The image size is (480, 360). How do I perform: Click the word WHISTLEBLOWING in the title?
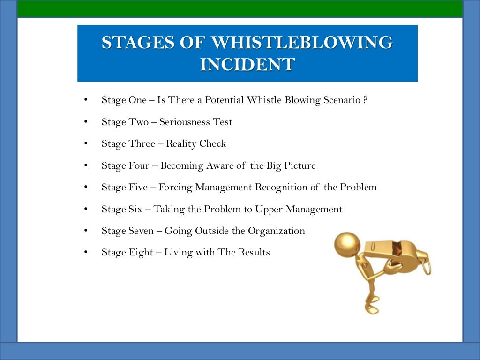pos(301,43)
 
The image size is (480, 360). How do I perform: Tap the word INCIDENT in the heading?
pos(247,64)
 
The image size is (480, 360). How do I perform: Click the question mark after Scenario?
pos(365,100)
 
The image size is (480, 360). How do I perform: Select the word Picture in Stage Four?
pos(299,166)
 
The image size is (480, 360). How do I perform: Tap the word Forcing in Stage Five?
pos(175,187)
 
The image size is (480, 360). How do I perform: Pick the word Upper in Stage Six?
pos(269,210)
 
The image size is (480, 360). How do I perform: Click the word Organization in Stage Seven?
pos(277,231)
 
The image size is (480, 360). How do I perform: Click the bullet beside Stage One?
pos(85,100)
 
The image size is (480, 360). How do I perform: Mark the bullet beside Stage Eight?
pos(85,253)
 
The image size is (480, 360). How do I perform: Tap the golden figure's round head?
pos(347,243)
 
